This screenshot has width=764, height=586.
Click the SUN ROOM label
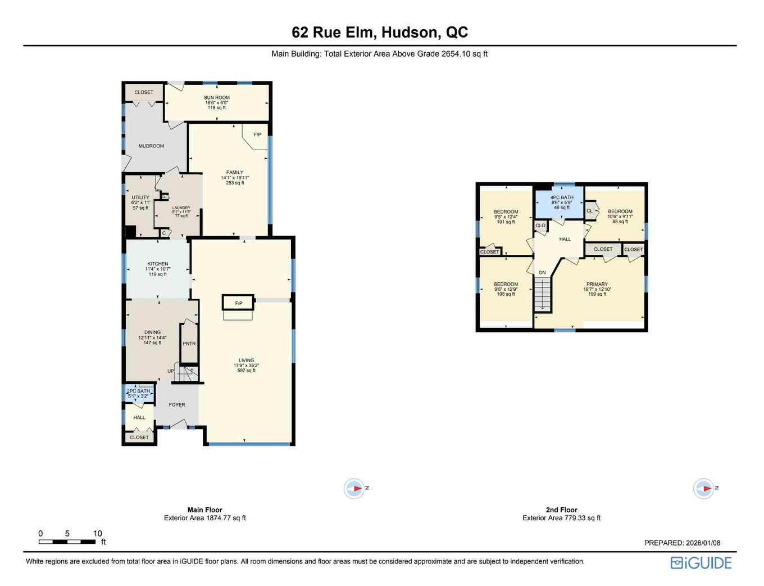click(x=216, y=98)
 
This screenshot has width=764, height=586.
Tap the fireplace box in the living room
click(x=239, y=303)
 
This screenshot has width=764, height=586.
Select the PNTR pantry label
click(x=189, y=344)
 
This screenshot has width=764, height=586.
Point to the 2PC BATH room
click(x=138, y=393)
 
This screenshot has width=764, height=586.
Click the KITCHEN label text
click(x=158, y=264)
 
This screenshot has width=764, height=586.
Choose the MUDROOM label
click(x=151, y=146)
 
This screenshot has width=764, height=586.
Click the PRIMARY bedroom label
click(x=597, y=285)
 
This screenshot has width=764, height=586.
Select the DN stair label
click(x=542, y=273)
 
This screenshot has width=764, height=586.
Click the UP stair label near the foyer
click(x=171, y=371)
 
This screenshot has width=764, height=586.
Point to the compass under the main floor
click(x=354, y=489)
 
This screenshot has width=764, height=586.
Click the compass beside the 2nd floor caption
click(x=704, y=489)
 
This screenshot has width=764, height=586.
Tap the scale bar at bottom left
click(x=67, y=542)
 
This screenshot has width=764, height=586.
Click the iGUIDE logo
click(x=701, y=563)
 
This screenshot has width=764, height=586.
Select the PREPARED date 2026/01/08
click(x=682, y=543)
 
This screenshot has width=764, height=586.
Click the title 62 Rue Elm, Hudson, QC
click(x=380, y=33)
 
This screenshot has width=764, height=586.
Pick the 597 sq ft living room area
click(x=246, y=371)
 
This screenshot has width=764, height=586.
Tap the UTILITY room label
click(x=140, y=198)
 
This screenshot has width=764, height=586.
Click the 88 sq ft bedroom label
click(x=620, y=222)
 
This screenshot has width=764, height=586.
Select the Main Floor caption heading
click(x=204, y=510)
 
